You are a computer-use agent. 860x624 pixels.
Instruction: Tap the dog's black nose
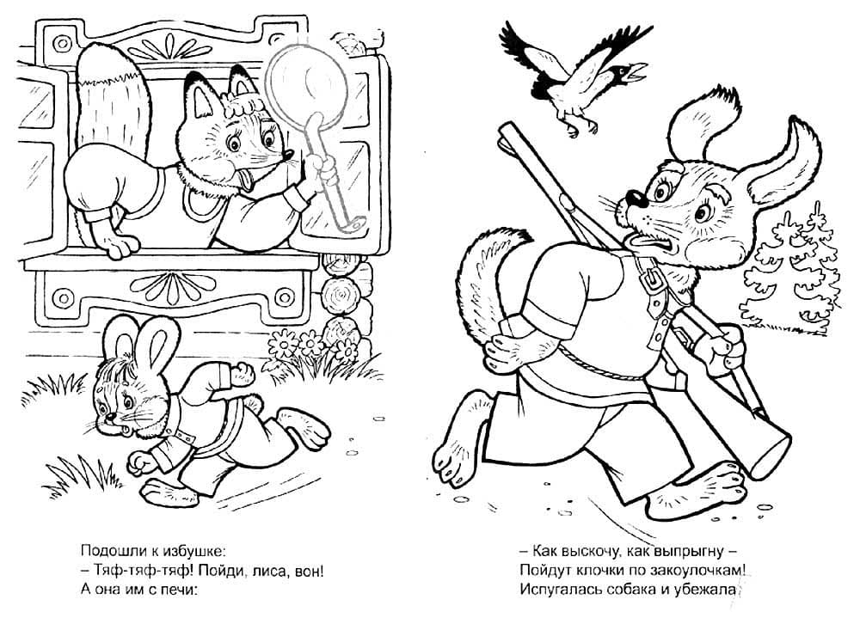coord(635,198)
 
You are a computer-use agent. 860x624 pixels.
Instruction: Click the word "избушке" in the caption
coord(192,550)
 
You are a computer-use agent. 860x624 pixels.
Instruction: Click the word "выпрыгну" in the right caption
coord(685,551)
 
